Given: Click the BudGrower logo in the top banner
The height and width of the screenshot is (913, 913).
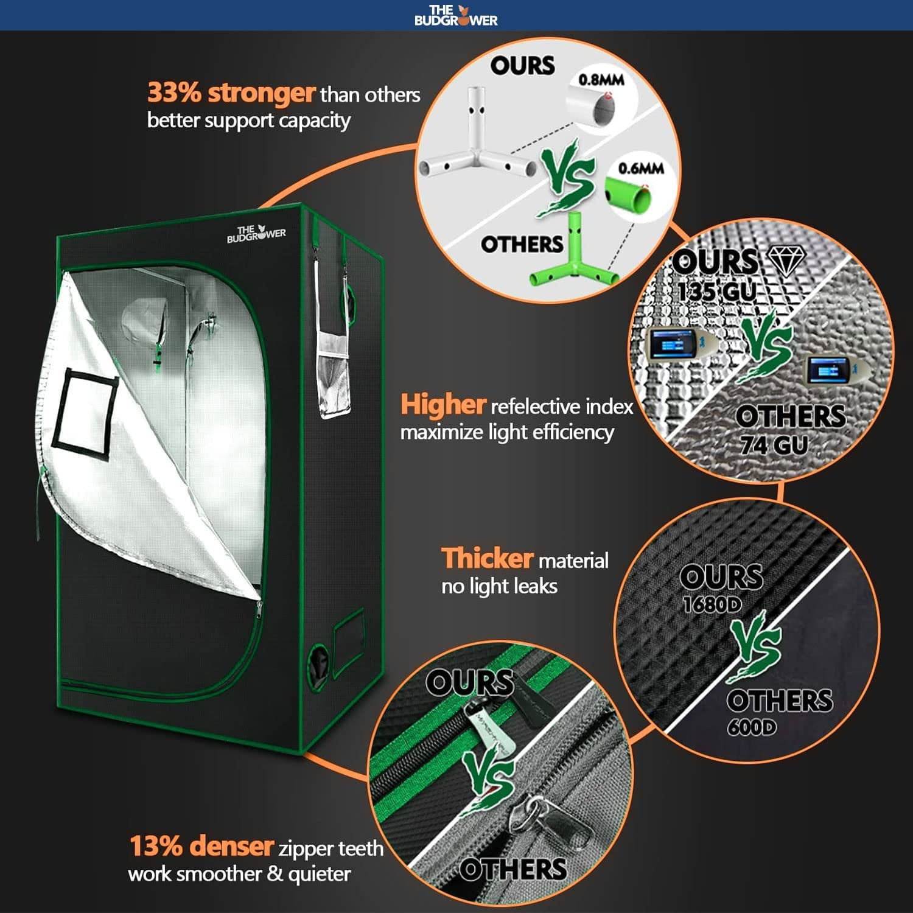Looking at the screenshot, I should point(456,15).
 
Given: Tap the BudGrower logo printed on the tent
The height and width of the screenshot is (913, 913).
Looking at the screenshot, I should point(256,234).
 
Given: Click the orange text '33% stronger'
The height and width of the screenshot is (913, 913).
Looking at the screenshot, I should point(231,93).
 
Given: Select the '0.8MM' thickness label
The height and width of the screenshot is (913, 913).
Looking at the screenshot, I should point(601,80).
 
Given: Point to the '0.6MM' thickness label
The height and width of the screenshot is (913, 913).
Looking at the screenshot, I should point(640,168).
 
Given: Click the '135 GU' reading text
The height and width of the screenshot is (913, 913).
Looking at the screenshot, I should point(716,291).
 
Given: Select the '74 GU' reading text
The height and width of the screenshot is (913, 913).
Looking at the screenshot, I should point(774,446).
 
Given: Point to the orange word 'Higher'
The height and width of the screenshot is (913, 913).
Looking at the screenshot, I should point(443,405).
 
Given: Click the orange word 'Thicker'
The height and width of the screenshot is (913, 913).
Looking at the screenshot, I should point(487,558).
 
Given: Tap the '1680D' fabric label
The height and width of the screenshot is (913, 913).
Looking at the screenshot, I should point(712,604).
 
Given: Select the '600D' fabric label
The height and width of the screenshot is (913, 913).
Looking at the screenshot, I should point(752,727).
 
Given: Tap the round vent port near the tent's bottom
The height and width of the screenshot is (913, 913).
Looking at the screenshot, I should point(318,663).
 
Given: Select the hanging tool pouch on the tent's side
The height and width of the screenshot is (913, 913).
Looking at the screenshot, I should point(334,377).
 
